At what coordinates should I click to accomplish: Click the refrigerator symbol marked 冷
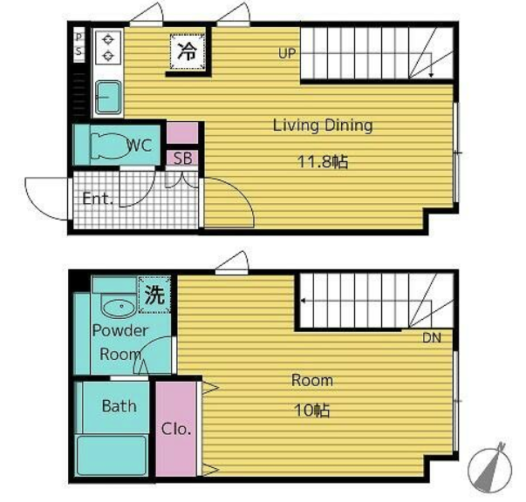pos(188,51)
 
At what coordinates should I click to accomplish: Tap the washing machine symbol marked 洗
pos(154,295)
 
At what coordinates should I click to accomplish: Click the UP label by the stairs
pos(287,53)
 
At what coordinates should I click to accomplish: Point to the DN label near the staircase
pos(432,337)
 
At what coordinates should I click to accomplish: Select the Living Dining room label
pos(323,125)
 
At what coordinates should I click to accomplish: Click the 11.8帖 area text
pos(323,162)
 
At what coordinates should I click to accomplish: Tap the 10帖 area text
pos(312,410)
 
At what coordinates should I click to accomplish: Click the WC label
pos(140,146)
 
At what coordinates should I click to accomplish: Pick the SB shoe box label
pos(183,158)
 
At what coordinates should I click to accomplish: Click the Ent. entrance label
pos(98,199)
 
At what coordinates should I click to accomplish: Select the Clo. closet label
pos(176,429)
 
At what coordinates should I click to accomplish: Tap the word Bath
pos(120,406)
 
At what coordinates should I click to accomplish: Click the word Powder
pos(120,331)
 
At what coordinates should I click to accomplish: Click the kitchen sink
pos(108,98)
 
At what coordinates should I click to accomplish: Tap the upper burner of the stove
pos(108,39)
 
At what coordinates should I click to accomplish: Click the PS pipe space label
pos(79,44)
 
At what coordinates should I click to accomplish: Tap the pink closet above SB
pos(182,133)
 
